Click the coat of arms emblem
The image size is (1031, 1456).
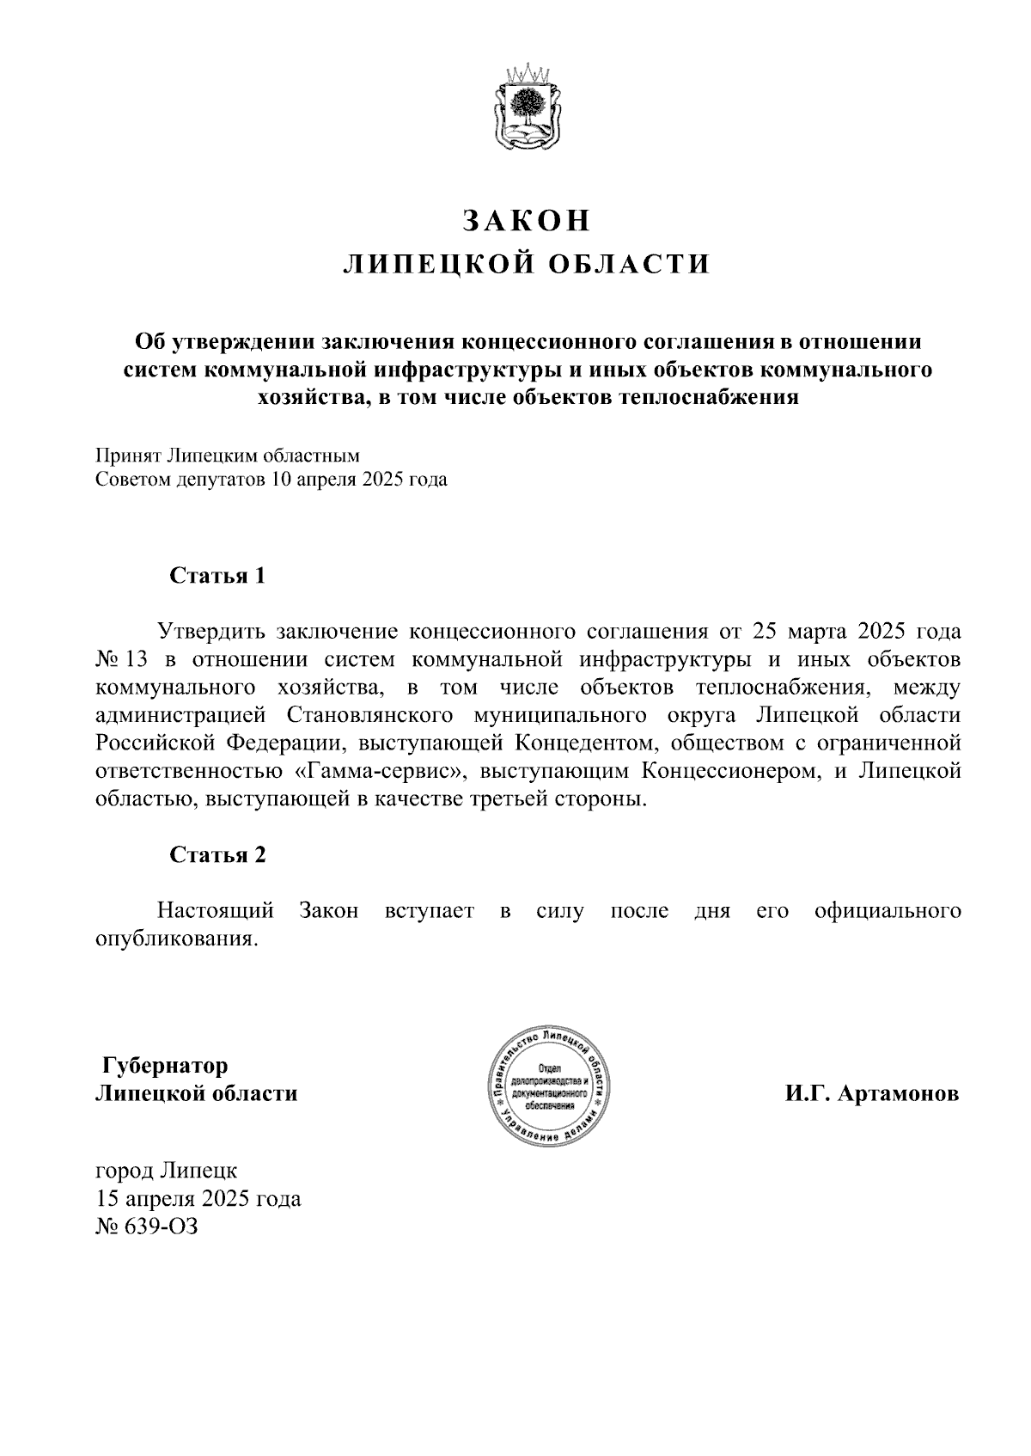528,107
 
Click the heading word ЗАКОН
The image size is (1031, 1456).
528,221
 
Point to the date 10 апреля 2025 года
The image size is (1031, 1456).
359,480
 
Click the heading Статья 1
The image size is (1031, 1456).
217,575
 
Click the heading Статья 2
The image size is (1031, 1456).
217,854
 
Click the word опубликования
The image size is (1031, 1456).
176,938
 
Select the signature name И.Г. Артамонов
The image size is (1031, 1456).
871,1094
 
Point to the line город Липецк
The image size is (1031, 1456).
167,1170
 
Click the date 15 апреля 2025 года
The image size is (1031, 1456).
198,1198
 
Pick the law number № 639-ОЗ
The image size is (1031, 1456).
146,1226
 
